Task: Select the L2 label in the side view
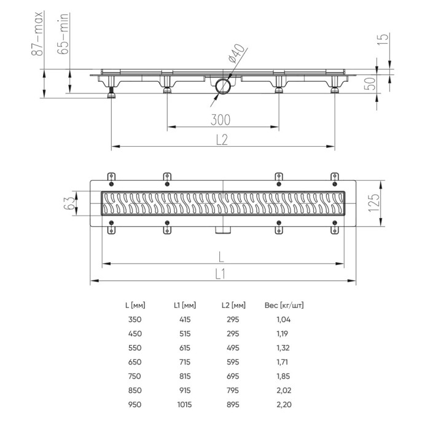[x=222, y=139]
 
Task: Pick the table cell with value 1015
[x=182, y=405]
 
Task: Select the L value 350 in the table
[x=133, y=319]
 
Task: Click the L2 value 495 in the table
[x=232, y=348]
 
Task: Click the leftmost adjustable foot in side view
[x=112, y=93]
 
